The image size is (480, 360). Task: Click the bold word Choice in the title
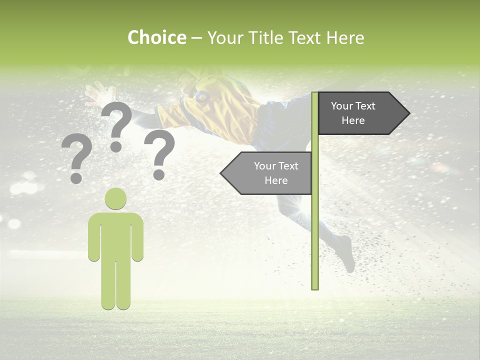tap(156, 37)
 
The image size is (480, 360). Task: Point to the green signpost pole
tap(315, 225)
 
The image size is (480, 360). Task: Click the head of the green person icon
tap(115, 198)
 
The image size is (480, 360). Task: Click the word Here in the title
tap(345, 37)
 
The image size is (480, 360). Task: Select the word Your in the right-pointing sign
tap(342, 106)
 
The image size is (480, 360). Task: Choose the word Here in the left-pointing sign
tap(276, 180)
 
